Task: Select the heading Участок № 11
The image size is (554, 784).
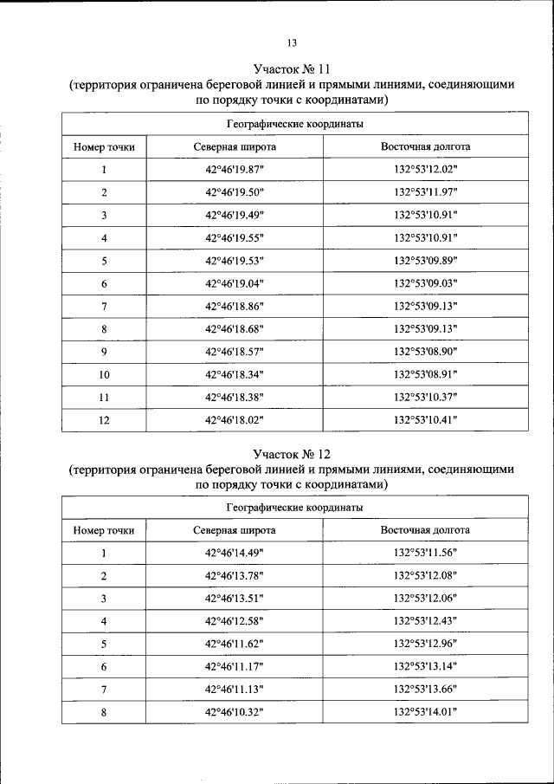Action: point(292,68)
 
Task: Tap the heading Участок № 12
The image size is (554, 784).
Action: point(292,453)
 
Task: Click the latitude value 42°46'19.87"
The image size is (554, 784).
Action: point(234,170)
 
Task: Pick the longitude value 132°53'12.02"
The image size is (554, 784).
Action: point(425,170)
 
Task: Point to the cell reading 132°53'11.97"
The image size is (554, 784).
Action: point(425,192)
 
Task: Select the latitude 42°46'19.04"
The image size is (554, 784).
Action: point(234,283)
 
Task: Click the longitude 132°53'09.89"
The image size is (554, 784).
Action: point(425,261)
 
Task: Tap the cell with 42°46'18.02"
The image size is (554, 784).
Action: point(234,419)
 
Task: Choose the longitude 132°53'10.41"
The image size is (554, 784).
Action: point(425,419)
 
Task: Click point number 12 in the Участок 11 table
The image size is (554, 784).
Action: point(104,419)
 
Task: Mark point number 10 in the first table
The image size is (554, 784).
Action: point(104,374)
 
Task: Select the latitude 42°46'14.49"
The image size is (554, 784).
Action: point(234,553)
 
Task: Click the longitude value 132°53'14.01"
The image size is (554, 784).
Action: point(425,711)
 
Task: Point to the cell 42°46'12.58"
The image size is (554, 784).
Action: point(234,621)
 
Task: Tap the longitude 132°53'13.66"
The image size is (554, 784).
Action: point(425,689)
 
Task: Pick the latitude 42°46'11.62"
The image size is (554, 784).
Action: point(234,644)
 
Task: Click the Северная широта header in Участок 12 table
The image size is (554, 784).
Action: point(234,530)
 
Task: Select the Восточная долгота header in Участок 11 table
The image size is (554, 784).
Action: point(425,146)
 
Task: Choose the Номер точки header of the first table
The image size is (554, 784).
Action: point(104,146)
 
